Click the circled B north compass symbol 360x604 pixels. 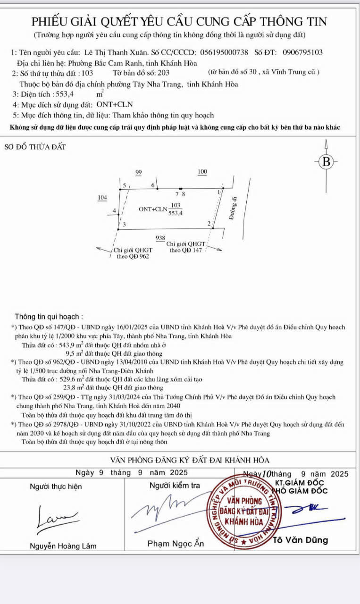326,161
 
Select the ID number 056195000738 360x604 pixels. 224,53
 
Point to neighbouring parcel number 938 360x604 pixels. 160,238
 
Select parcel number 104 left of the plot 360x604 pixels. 102,197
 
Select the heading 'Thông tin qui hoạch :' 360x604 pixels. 49,317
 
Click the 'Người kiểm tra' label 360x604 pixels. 175,486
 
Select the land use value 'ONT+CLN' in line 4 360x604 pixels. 115,105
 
